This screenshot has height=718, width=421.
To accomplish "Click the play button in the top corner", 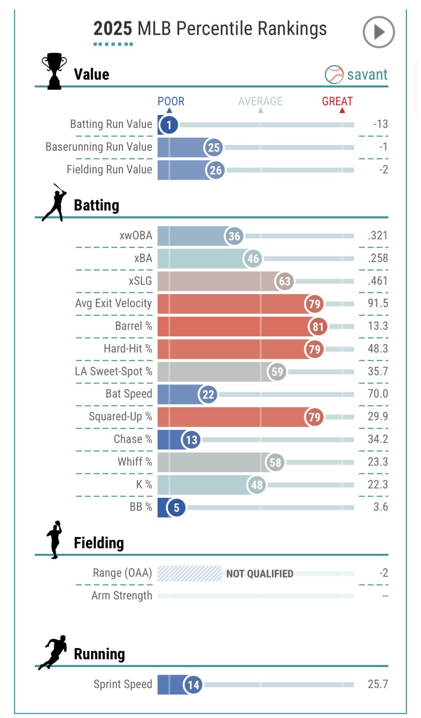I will click(378, 32).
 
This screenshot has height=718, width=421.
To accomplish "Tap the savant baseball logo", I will click(334, 75).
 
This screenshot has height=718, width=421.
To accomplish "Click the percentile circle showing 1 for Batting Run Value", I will click(169, 125).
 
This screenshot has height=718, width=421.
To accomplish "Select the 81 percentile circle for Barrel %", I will click(318, 327).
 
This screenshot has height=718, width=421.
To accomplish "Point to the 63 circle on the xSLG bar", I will click(284, 281).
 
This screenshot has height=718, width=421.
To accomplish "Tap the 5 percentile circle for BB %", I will click(176, 507).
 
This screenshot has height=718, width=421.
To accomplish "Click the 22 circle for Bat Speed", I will click(208, 395).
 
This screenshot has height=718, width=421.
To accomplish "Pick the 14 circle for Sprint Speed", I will click(193, 685).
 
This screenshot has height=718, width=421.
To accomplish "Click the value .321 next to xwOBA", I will click(378, 235).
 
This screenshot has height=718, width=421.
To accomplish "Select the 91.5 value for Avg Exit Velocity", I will click(378, 303).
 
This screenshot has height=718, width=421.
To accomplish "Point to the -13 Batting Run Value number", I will click(380, 124).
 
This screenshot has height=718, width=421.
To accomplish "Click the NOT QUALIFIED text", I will click(260, 574).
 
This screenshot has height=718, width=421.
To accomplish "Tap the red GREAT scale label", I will click(337, 101).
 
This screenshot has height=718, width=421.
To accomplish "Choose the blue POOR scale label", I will click(171, 101).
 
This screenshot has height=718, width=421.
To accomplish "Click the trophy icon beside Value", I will click(54, 71).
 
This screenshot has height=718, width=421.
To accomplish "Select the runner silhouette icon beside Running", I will click(53, 652).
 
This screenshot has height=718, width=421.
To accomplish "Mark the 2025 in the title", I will click(113, 29).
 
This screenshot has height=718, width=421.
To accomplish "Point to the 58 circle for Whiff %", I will click(275, 462).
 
